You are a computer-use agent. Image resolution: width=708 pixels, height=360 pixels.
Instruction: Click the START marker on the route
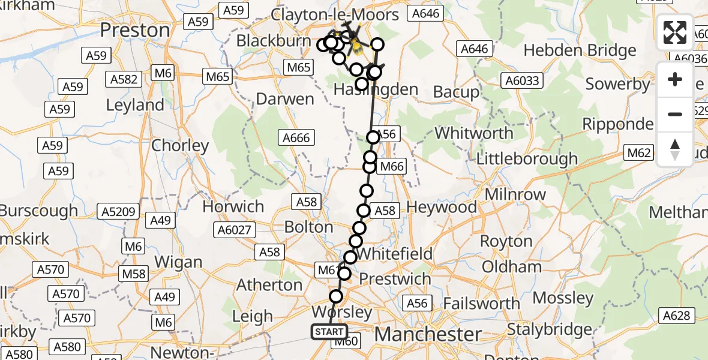329,332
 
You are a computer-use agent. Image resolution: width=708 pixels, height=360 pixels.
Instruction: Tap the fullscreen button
675,33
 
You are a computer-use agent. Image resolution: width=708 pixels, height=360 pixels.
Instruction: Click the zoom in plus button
675,79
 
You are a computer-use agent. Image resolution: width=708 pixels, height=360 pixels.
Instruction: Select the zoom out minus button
675,114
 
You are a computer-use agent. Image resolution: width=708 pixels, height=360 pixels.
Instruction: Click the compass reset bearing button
675,149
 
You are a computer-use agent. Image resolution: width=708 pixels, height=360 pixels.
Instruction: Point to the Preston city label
135,30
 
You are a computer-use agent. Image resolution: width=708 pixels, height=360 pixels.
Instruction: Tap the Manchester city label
428,334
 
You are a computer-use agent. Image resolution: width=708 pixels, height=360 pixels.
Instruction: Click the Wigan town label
178,262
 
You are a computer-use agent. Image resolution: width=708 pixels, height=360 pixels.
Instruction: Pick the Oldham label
512,266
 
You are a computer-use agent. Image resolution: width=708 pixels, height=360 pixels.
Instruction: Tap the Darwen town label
284,99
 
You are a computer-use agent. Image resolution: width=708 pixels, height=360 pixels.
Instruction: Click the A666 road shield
296,138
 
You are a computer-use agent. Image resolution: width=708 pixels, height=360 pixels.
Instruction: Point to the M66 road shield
393,167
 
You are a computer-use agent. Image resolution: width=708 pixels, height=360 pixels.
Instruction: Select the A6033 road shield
523,80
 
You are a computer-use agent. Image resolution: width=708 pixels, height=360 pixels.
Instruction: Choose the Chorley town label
180,145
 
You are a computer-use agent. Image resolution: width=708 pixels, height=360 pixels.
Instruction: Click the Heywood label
442,208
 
